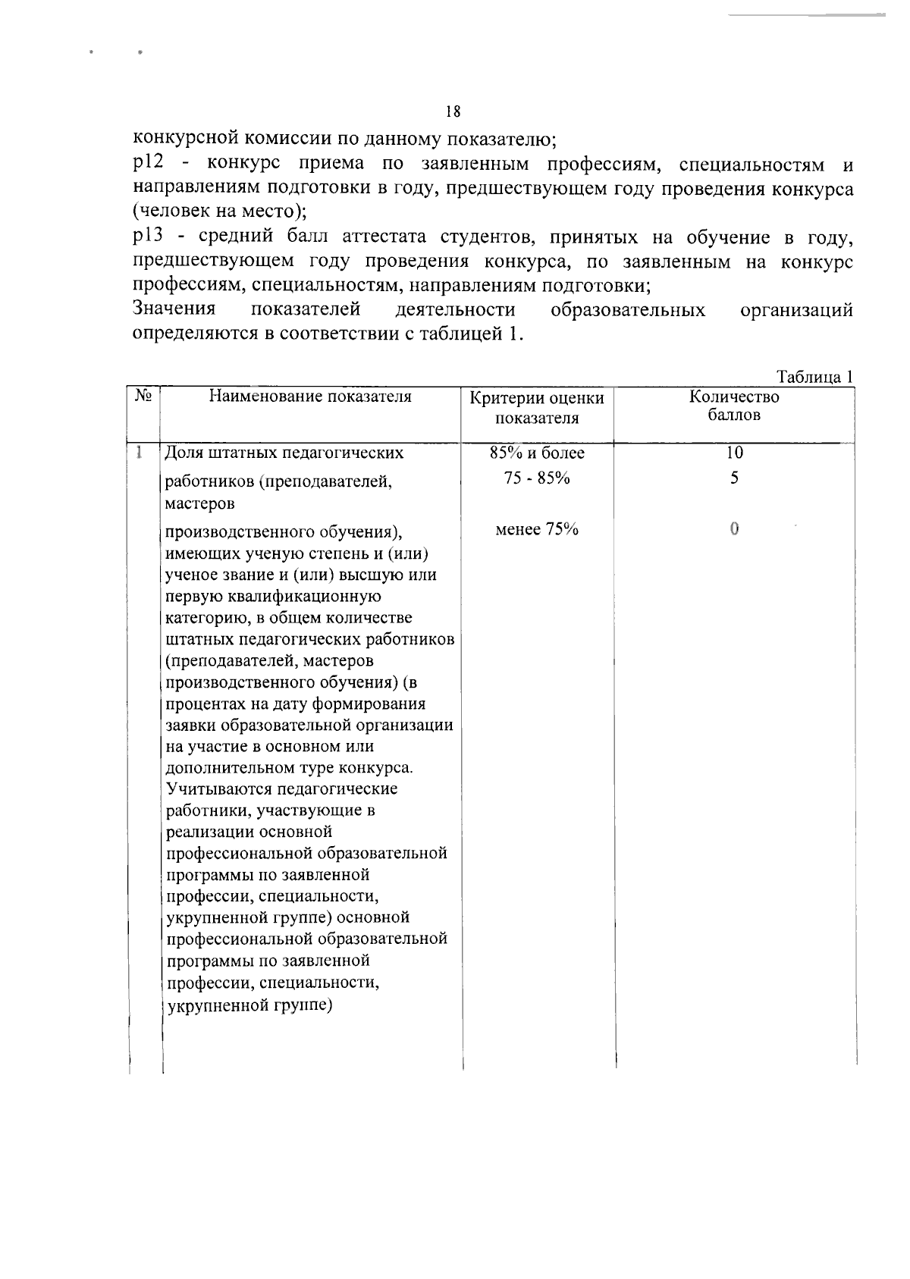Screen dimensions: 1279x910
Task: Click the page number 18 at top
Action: pos(453,112)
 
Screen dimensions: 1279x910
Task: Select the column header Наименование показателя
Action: pos(310,397)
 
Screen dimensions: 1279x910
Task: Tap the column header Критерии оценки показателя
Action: pos(537,408)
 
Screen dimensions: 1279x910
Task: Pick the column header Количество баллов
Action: pos(733,406)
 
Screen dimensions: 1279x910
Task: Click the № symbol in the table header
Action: pos(143,396)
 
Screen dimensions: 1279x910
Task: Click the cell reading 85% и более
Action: pos(537,453)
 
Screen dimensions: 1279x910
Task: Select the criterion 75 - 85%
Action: pos(537,478)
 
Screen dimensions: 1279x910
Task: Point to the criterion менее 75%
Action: pos(537,529)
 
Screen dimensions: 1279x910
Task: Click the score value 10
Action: pos(733,453)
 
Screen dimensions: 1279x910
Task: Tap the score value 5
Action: pos(733,478)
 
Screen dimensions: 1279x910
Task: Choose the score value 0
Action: pos(733,529)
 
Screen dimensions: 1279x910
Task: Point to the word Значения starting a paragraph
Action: pos(174,310)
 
